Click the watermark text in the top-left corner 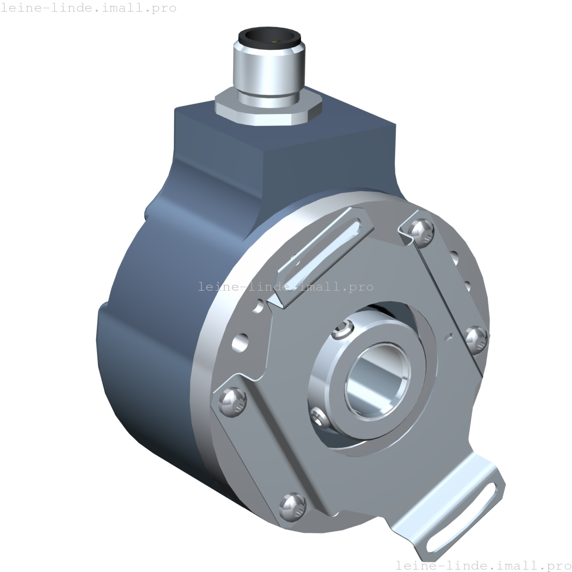[89, 8]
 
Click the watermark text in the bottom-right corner [483, 565]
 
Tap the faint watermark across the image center [286, 287]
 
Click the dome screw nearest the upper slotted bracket [421, 230]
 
